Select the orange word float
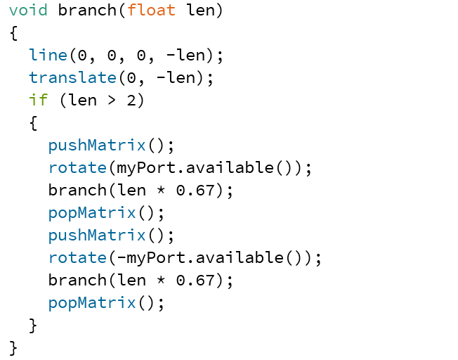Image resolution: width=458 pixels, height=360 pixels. [151, 11]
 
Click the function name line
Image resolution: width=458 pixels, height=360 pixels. [48, 56]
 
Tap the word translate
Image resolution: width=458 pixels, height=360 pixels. [72, 78]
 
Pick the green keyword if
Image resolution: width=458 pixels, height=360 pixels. [38, 101]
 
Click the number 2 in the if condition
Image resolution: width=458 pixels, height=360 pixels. [131, 101]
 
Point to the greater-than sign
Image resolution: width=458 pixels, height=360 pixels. [112, 101]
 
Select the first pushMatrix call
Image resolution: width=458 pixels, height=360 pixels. [97, 146]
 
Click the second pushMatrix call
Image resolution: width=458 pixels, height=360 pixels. [97, 236]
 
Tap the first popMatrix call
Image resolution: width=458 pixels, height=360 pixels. [92, 213]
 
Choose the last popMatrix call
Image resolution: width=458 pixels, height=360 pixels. [92, 303]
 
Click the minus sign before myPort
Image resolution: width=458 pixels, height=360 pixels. [122, 258]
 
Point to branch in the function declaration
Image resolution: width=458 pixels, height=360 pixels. [87, 11]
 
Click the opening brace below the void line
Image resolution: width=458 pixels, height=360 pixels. [13, 33]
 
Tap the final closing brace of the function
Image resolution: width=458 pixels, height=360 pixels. [13, 347]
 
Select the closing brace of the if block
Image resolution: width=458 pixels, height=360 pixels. [33, 325]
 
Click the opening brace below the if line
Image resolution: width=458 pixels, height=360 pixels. [33, 123]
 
